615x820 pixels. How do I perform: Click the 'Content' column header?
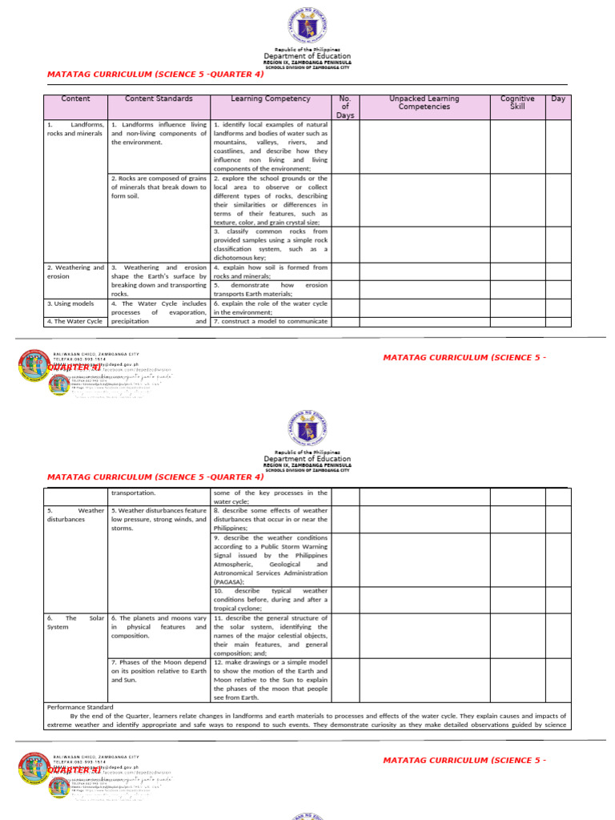click(75, 99)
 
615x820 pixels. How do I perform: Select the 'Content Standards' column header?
click(159, 99)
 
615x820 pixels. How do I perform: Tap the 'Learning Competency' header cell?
click(270, 99)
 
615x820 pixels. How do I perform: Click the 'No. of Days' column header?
click(345, 107)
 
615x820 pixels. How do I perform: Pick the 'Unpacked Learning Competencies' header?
click(424, 102)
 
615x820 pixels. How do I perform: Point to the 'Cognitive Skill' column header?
click(517, 102)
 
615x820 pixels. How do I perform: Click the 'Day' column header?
click(557, 99)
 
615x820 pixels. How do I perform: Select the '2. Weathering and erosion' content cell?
click(75, 271)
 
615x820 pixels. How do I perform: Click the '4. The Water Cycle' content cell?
click(74, 321)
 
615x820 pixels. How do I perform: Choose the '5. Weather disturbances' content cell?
click(75, 514)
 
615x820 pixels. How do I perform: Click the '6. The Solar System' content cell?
click(75, 623)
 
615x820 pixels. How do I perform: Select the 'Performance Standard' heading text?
click(80, 707)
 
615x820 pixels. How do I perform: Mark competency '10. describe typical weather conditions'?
click(270, 599)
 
